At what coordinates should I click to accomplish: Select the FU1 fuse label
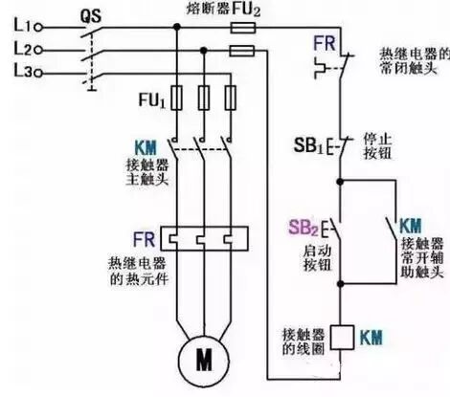pyautogui.click(x=154, y=99)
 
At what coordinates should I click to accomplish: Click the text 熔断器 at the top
pyautogui.click(x=197, y=9)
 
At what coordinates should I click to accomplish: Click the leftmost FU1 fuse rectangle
pyautogui.click(x=174, y=98)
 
